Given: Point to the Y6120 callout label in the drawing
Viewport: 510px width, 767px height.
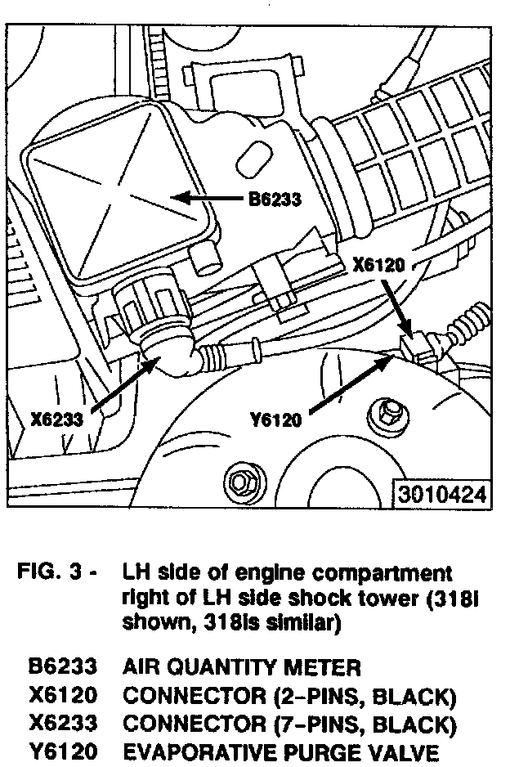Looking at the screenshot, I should tap(275, 420).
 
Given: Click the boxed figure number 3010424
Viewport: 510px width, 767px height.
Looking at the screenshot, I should tap(444, 495).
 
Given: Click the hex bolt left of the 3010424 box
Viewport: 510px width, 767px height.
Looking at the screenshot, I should tap(242, 479).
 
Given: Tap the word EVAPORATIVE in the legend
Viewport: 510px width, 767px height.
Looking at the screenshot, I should tap(193, 752).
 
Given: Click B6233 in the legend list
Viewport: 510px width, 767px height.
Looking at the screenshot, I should tap(63, 667).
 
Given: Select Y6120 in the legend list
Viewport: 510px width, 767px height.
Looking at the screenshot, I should tap(63, 752).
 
